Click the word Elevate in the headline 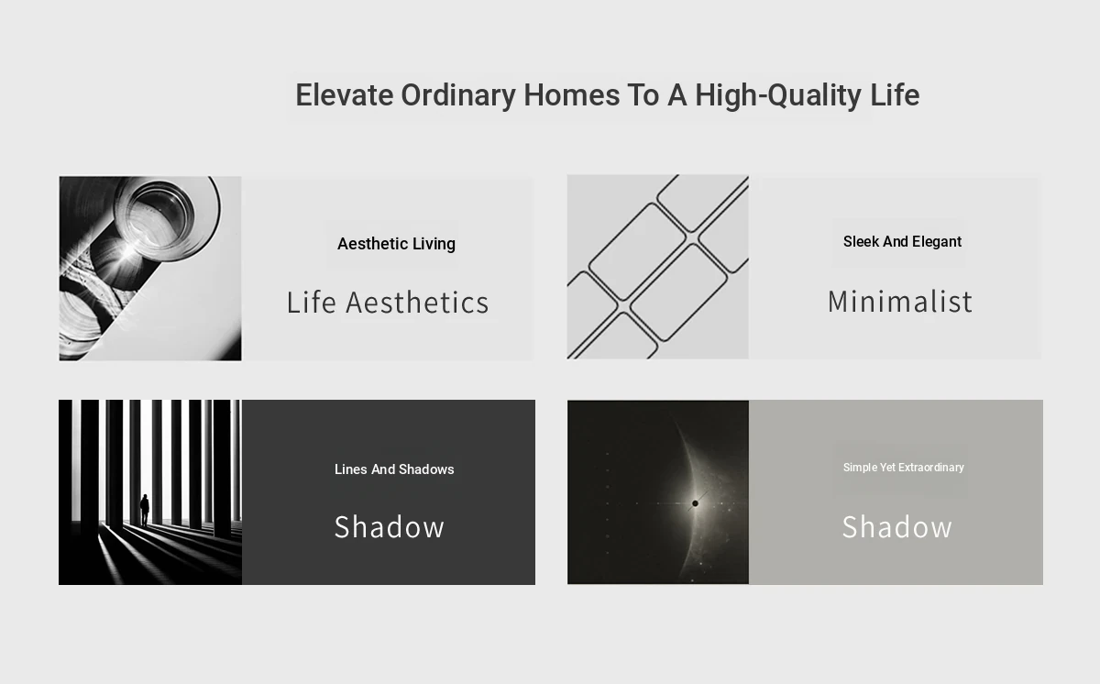(x=345, y=94)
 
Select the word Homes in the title (x=572, y=94)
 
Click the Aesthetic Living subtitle (x=396, y=244)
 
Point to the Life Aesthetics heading (x=388, y=302)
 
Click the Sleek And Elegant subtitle (x=902, y=241)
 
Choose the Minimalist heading (x=900, y=301)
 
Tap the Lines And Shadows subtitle (x=394, y=469)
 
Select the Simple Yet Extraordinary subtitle (x=904, y=468)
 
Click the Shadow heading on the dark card (x=390, y=527)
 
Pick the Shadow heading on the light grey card (x=897, y=527)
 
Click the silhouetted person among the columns (x=145, y=510)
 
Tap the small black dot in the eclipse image (x=695, y=503)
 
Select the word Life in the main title (x=895, y=94)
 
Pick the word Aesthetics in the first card (x=417, y=302)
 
